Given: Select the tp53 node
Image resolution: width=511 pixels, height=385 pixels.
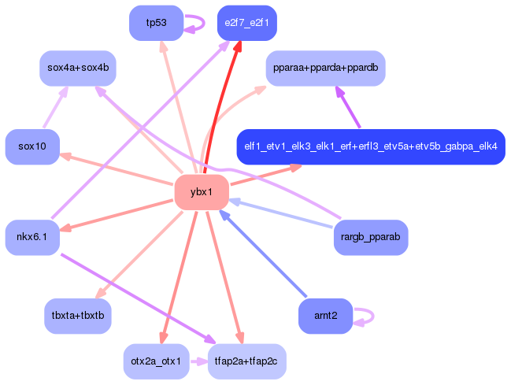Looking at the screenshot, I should click(156, 23).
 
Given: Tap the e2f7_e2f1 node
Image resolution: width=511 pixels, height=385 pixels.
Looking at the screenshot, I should click(246, 23).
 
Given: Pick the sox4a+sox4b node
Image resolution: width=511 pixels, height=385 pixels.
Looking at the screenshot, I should click(78, 68).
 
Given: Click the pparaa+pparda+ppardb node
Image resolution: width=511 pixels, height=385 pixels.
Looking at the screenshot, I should click(325, 68).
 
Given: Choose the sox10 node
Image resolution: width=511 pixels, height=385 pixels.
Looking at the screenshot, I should click(32, 147).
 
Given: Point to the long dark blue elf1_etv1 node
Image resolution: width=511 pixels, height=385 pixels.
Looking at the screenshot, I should click(370, 146).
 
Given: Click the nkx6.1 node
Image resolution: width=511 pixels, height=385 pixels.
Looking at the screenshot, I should click(32, 237).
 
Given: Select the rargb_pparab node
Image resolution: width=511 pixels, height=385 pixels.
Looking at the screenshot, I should click(370, 237).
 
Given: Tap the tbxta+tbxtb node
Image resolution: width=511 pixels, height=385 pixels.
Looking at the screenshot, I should click(78, 316).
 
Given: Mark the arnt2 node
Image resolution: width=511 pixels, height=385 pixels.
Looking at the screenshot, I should click(325, 316).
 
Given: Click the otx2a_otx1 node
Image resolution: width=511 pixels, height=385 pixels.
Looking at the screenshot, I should click(156, 361).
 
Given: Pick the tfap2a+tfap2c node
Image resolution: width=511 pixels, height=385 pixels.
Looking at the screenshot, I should click(246, 361).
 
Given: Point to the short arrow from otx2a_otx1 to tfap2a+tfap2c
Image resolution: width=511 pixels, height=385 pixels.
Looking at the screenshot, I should click(198, 361).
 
